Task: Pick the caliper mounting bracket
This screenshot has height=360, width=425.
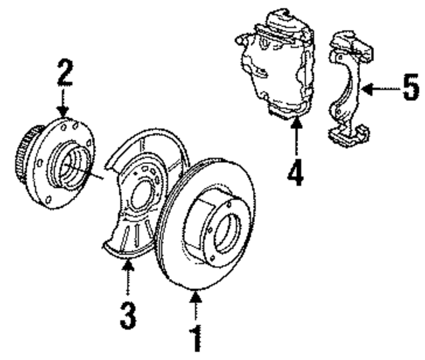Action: tap(348, 86)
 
